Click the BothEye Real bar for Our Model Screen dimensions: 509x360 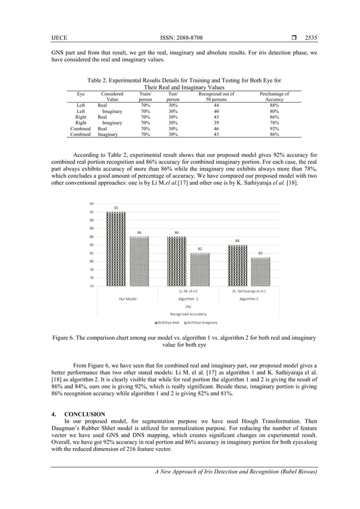tap(116, 248)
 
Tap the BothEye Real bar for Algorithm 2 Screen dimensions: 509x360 tap(238, 265)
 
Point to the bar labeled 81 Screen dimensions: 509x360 tap(260, 271)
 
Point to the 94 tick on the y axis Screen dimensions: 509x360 tap(91, 203)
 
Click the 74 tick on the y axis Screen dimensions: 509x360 tap(91, 286)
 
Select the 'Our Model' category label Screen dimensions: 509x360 tap(127, 299)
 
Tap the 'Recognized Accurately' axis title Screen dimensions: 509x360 tap(188, 313)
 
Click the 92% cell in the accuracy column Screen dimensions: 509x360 tap(274, 129)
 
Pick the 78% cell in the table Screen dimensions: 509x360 tap(274, 122)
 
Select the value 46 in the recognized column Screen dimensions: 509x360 tap(216, 129)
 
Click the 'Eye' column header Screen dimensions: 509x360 tap(81, 94)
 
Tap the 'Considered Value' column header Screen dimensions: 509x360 tap(112, 96)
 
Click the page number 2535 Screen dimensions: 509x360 tap(311, 38)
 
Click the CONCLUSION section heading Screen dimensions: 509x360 tap(85, 415)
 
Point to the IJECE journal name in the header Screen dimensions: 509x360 tap(59, 38)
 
